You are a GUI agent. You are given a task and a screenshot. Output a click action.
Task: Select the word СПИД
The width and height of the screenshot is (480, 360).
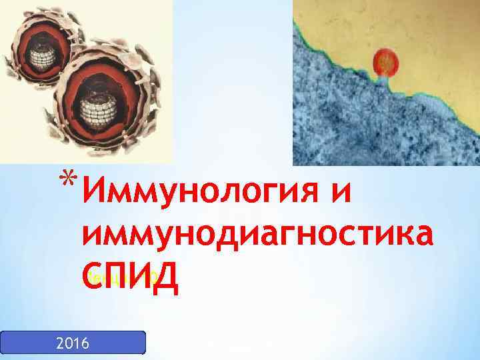click(x=129, y=274)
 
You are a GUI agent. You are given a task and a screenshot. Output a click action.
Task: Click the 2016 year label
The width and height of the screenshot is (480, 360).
click(x=73, y=343)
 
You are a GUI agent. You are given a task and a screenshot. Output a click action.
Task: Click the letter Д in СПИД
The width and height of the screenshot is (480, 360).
click(x=165, y=275)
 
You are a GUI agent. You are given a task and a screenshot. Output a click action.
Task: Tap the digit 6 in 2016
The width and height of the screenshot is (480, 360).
click(x=89, y=343)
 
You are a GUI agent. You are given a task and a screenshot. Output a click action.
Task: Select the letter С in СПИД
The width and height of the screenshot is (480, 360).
click(x=93, y=274)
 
